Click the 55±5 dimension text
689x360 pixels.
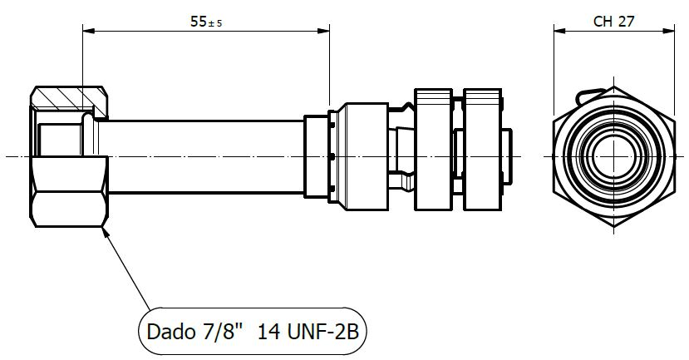coord(206,22)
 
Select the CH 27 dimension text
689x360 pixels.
coord(613,22)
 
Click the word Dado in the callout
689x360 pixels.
coord(169,333)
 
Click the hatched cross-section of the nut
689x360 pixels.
coord(68,101)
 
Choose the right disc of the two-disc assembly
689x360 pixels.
coord(484,155)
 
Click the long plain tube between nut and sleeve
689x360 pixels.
coord(204,155)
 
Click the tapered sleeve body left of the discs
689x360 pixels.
coord(357,155)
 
